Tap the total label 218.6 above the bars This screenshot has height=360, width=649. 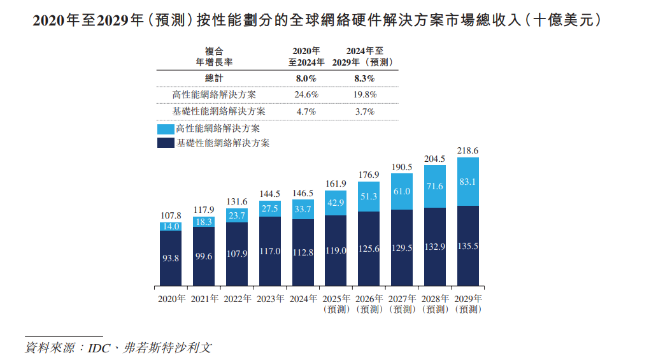pos(468,150)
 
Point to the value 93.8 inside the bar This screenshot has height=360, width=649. pos(171,258)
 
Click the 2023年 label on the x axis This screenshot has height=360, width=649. pos(270,298)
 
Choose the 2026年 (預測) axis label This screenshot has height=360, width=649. pos(369,304)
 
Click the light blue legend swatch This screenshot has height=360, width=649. pos(165,129)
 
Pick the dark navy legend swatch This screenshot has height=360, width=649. pos(165,143)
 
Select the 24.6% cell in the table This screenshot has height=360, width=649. pos(306,94)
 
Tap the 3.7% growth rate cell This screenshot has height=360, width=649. pos(364,111)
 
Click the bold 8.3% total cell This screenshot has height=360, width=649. pos(364,78)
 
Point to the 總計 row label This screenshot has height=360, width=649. pos(214,78)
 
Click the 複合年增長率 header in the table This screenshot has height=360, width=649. pos(214,56)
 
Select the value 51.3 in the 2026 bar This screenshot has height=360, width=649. pos(369,197)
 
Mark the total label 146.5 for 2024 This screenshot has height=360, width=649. pos(303,193)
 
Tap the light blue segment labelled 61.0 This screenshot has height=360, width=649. pos(403,191)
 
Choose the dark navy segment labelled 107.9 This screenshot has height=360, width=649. pos(237,254)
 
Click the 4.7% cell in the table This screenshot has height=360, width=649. pos(306,111)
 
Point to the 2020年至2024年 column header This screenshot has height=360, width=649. pos(306,56)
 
